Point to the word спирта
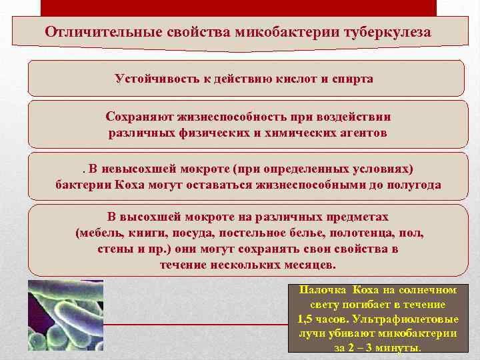coord(353,79)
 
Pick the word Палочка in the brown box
coord(322,290)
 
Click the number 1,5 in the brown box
coord(308,319)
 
